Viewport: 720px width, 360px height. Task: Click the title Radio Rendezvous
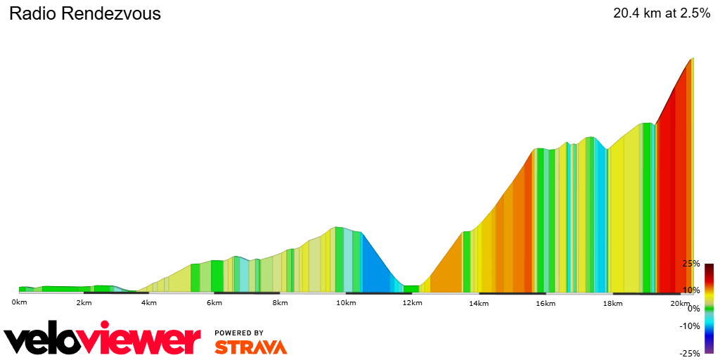tap(85, 13)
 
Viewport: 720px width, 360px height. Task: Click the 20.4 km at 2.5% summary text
tap(662, 13)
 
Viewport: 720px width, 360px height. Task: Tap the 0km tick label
tap(19, 302)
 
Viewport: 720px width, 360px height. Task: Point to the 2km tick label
tap(84, 303)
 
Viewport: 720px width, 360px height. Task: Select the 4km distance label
tap(149, 303)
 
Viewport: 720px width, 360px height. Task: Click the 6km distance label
tap(214, 303)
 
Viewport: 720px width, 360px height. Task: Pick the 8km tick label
tap(280, 303)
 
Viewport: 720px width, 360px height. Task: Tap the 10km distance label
tap(345, 303)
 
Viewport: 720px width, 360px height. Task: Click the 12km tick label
tap(413, 303)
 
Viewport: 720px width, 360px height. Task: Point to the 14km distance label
tap(479, 303)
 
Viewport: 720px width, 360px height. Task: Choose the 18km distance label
tap(612, 303)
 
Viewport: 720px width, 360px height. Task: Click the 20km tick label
tap(679, 303)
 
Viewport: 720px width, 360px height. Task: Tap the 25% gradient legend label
tap(690, 264)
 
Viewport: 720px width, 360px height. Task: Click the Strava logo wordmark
tap(250, 347)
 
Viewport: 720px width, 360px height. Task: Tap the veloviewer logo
tap(103, 340)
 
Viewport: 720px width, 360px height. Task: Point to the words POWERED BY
tap(239, 333)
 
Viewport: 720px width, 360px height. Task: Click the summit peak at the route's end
tap(693, 58)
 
